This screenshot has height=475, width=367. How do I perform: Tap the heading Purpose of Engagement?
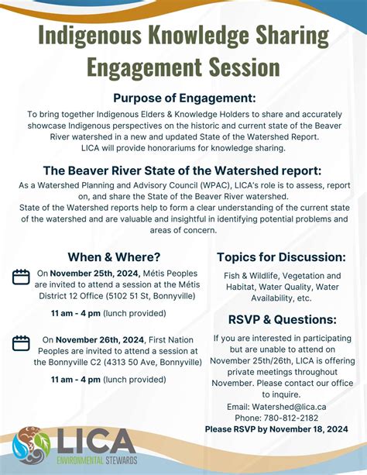183,98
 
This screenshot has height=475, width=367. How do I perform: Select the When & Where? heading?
114,257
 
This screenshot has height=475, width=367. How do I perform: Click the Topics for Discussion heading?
281,257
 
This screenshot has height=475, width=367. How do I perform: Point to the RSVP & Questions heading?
282,319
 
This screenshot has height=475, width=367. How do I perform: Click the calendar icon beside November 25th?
22,277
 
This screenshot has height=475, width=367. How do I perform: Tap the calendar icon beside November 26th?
22,342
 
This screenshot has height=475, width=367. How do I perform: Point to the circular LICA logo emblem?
31,446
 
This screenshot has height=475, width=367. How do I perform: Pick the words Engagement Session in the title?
183,66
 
